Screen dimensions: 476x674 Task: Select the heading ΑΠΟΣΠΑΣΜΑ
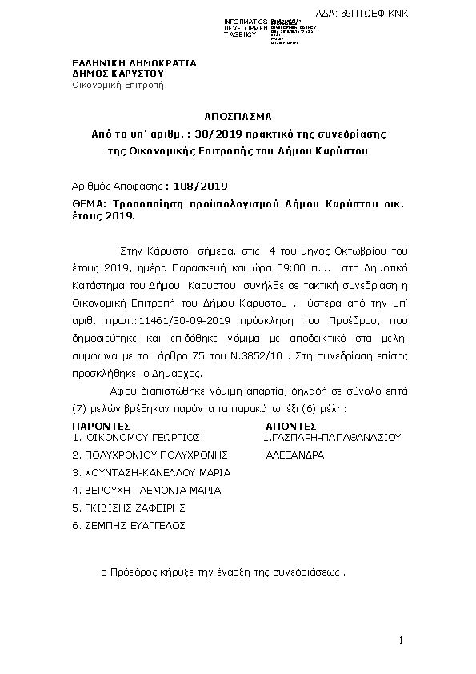(x=238, y=115)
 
